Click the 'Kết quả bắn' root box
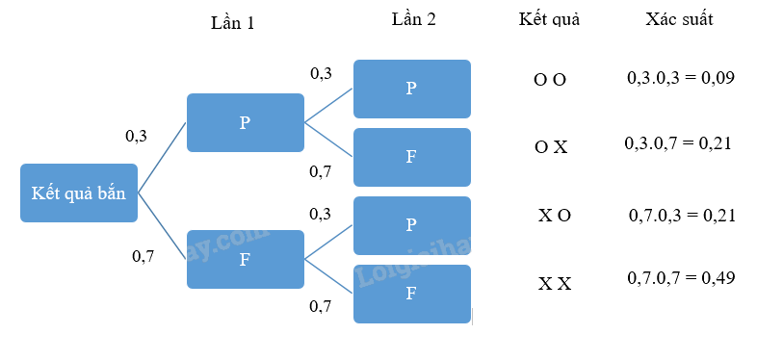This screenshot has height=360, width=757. tap(79, 193)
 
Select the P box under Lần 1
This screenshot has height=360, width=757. tap(245, 122)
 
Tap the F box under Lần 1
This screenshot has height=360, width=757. tap(245, 259)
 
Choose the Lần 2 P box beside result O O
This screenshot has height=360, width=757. tap(411, 89)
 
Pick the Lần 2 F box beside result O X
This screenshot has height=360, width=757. tap(411, 157)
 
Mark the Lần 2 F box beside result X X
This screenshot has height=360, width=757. tap(411, 294)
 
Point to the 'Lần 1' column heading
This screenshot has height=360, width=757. tap(232, 23)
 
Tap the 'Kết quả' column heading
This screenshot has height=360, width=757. tap(549, 20)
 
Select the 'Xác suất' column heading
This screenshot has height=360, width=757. tap(680, 20)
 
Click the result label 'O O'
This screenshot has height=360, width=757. tap(550, 79)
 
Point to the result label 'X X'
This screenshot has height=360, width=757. tap(555, 284)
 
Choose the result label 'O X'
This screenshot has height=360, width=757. tap(551, 147)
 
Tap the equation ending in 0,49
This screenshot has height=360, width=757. tap(681, 278)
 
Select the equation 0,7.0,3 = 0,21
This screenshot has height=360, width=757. tap(681, 215)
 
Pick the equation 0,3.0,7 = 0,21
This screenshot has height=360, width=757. tap(678, 143)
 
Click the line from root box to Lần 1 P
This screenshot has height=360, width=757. tap(162, 157)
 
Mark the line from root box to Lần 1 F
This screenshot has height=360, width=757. tap(162, 226)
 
